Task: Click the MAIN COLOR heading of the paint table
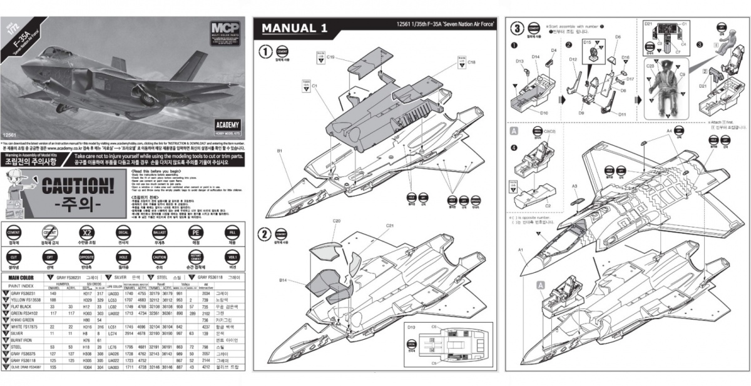(x=25, y=276)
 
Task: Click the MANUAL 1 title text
(x=294, y=28)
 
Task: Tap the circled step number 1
(x=265, y=51)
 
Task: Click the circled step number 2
(x=265, y=235)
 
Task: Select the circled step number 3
(x=517, y=28)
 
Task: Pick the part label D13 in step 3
(x=519, y=61)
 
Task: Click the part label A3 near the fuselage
(x=574, y=186)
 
